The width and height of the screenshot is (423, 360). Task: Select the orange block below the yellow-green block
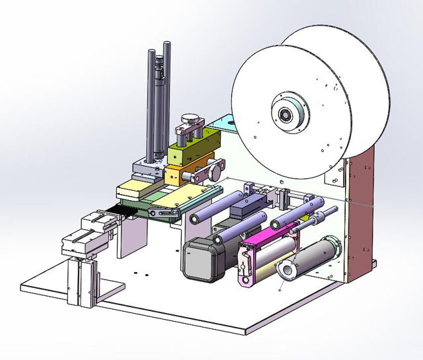click(181, 176)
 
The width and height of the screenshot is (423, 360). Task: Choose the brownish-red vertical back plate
click(360, 211)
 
